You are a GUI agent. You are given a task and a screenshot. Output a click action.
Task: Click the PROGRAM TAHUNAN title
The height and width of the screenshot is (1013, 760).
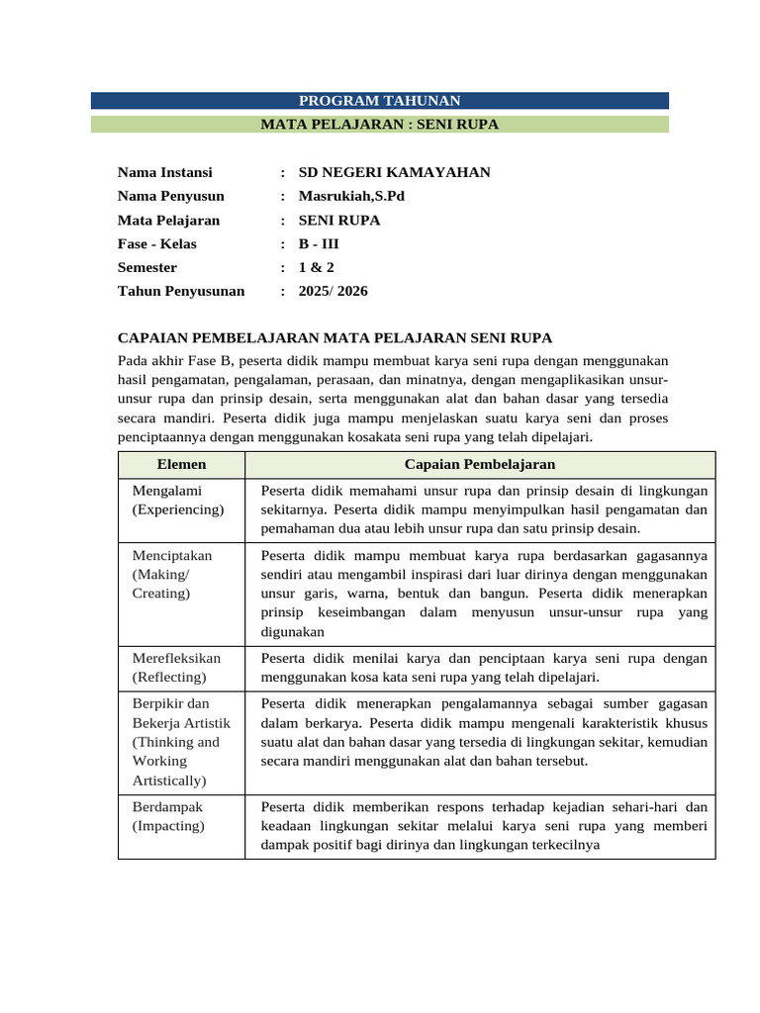(x=380, y=101)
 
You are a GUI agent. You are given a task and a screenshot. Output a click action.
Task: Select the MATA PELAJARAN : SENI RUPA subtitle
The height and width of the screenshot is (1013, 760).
(x=380, y=125)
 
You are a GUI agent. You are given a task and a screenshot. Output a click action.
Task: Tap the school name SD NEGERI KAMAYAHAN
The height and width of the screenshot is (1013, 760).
(x=394, y=173)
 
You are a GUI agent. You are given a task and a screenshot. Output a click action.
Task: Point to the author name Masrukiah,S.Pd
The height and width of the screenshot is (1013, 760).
(x=351, y=197)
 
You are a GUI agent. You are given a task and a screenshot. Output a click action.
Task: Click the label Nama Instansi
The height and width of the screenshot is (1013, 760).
(x=164, y=173)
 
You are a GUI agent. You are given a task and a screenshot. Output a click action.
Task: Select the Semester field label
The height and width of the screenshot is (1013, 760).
(x=147, y=268)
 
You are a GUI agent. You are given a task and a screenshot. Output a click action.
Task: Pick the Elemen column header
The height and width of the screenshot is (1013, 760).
(x=182, y=465)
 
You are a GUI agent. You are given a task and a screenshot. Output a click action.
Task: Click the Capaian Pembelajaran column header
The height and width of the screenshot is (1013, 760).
(x=480, y=465)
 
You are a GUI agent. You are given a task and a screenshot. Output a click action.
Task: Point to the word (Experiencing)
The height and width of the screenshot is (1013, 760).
(x=178, y=509)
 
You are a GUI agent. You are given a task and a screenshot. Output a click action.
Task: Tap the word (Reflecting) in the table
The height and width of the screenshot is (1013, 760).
(x=169, y=678)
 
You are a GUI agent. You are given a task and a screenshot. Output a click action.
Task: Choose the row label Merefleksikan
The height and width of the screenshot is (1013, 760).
(x=177, y=659)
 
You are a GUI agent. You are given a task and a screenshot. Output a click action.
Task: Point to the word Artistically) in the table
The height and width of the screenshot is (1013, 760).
(x=169, y=781)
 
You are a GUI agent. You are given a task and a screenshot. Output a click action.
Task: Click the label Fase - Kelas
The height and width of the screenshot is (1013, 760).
(x=157, y=244)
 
